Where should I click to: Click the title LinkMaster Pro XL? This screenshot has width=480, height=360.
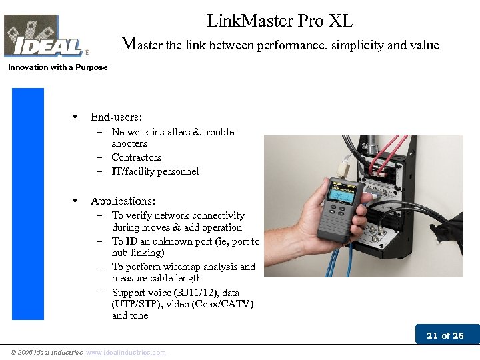(x=280, y=21)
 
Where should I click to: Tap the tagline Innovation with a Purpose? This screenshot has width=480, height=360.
(x=58, y=67)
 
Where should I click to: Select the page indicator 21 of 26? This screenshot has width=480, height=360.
(x=445, y=335)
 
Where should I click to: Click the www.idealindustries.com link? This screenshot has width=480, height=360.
(x=126, y=353)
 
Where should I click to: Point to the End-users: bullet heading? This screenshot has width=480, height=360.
(x=116, y=117)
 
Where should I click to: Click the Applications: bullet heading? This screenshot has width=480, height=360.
(x=123, y=201)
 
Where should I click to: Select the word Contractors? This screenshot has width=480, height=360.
(x=137, y=157)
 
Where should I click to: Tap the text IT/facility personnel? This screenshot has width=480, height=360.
(x=155, y=171)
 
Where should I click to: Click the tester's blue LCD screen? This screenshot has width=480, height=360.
(x=340, y=194)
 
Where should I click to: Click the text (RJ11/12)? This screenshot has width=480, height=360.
(x=196, y=293)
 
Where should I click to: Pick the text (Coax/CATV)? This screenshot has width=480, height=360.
(x=223, y=304)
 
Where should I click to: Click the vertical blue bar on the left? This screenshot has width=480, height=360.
(x=28, y=204)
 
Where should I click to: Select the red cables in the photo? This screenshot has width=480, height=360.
(x=386, y=155)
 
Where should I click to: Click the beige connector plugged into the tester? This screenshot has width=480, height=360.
(x=342, y=169)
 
